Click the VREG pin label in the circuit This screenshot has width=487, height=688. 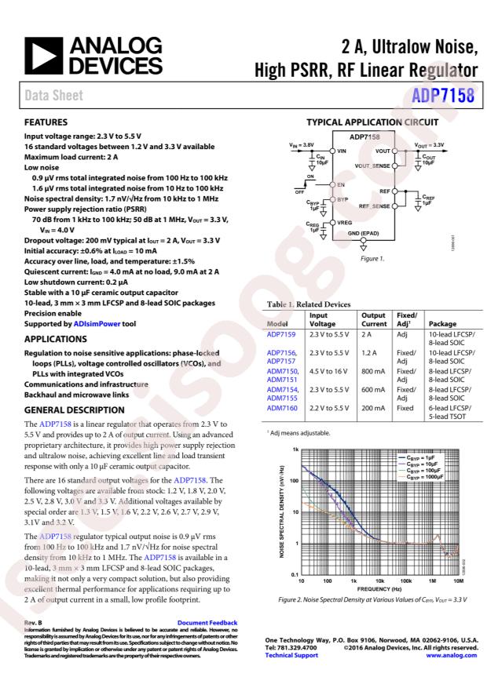pos(346,224)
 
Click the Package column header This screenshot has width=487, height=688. pos(443,322)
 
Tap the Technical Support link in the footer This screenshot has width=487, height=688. pos(285,655)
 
